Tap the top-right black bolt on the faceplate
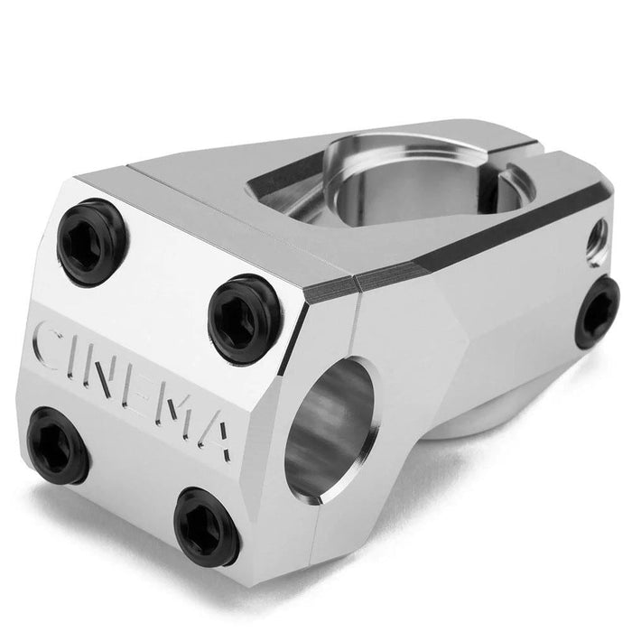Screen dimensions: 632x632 pos(244,318)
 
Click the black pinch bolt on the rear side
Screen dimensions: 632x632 pos(597,311)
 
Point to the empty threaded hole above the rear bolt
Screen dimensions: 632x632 pos(598,241)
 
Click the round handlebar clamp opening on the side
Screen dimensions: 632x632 pos(329,429)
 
